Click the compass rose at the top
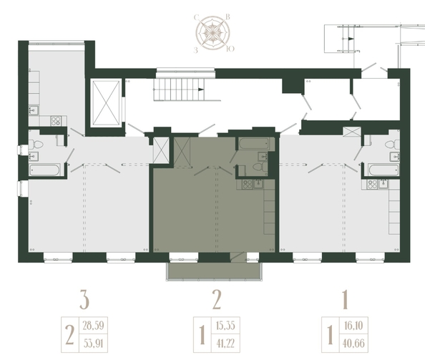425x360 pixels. coord(213,33)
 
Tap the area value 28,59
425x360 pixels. coord(93,326)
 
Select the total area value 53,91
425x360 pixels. coord(93,344)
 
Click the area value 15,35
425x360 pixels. coord(225,326)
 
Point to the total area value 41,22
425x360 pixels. coord(225,344)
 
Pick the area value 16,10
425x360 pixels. coord(353,326)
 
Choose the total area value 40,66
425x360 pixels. coord(353,344)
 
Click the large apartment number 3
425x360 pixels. coord(84,299)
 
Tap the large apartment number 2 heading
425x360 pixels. coord(217,299)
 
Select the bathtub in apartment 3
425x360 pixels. coord(45,170)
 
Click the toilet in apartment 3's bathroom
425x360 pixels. coord(36,144)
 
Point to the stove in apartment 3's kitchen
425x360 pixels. coord(56,121)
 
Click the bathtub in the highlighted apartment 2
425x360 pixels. coord(254,143)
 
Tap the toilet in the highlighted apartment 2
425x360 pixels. coord(260,167)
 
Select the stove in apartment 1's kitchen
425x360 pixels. coord(373,185)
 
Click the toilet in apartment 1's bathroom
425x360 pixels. coord(392,145)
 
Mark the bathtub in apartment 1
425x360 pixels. coord(384,170)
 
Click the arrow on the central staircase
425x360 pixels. coord(201,89)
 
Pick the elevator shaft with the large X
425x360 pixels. coord(106,103)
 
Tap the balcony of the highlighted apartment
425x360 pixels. coord(214,271)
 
